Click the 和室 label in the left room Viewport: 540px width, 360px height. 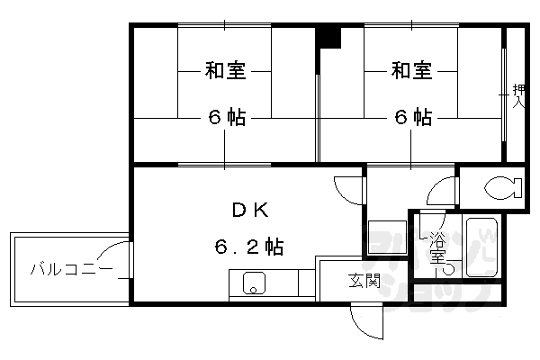224,70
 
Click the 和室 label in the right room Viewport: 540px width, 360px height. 410,70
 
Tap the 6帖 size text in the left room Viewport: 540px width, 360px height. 224,118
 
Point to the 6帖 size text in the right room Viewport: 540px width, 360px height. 410,118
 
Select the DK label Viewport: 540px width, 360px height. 250,211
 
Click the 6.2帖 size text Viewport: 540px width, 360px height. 250,246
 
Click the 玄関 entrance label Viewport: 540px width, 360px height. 364,281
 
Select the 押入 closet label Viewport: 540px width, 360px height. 518,94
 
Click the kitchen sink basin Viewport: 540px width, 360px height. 253,284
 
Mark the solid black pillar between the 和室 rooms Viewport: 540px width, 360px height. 329,38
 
